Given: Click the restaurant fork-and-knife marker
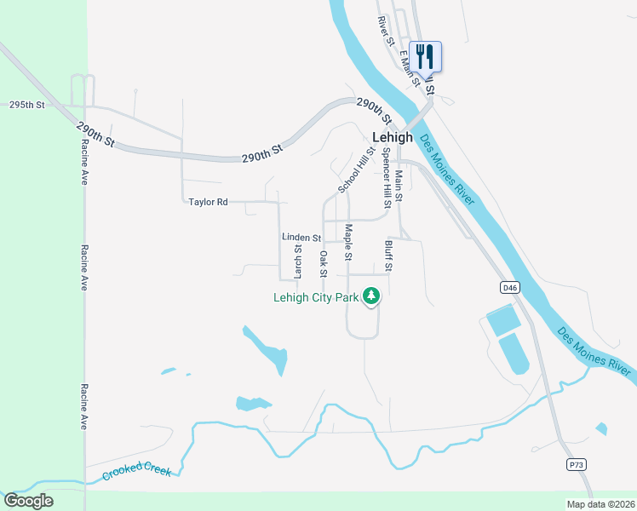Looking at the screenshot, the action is (x=425, y=56).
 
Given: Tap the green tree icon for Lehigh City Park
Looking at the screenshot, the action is (x=370, y=296).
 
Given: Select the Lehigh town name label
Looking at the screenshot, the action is (x=393, y=137).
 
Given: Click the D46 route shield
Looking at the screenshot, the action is (x=510, y=288).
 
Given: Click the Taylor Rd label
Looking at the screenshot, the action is (x=209, y=202).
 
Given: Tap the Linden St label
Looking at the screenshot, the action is (x=301, y=238).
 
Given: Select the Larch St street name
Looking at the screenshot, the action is (x=298, y=262).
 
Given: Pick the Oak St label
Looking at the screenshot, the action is (x=323, y=264).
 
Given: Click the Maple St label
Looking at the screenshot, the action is (x=348, y=243).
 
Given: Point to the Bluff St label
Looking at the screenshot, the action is (x=388, y=255).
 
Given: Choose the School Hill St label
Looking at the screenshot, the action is (x=356, y=169).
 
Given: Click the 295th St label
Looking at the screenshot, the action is (x=26, y=105).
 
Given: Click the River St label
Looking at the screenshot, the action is (x=386, y=31).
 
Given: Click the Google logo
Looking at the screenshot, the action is (x=28, y=501).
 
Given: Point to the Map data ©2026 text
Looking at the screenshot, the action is (x=600, y=504).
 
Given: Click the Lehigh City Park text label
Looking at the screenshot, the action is (x=315, y=298).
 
